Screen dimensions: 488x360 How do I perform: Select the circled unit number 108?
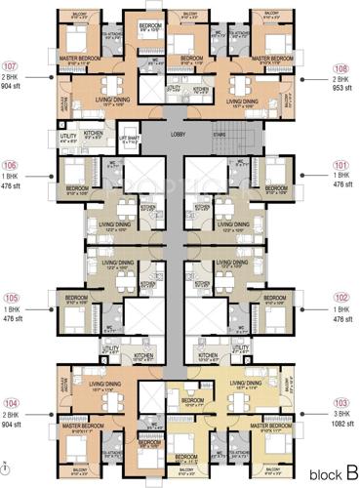[340, 68]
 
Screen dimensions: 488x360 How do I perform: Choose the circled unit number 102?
[341, 298]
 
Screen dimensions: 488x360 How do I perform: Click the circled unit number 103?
[341, 402]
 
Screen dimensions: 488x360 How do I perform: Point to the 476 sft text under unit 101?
[341, 184]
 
